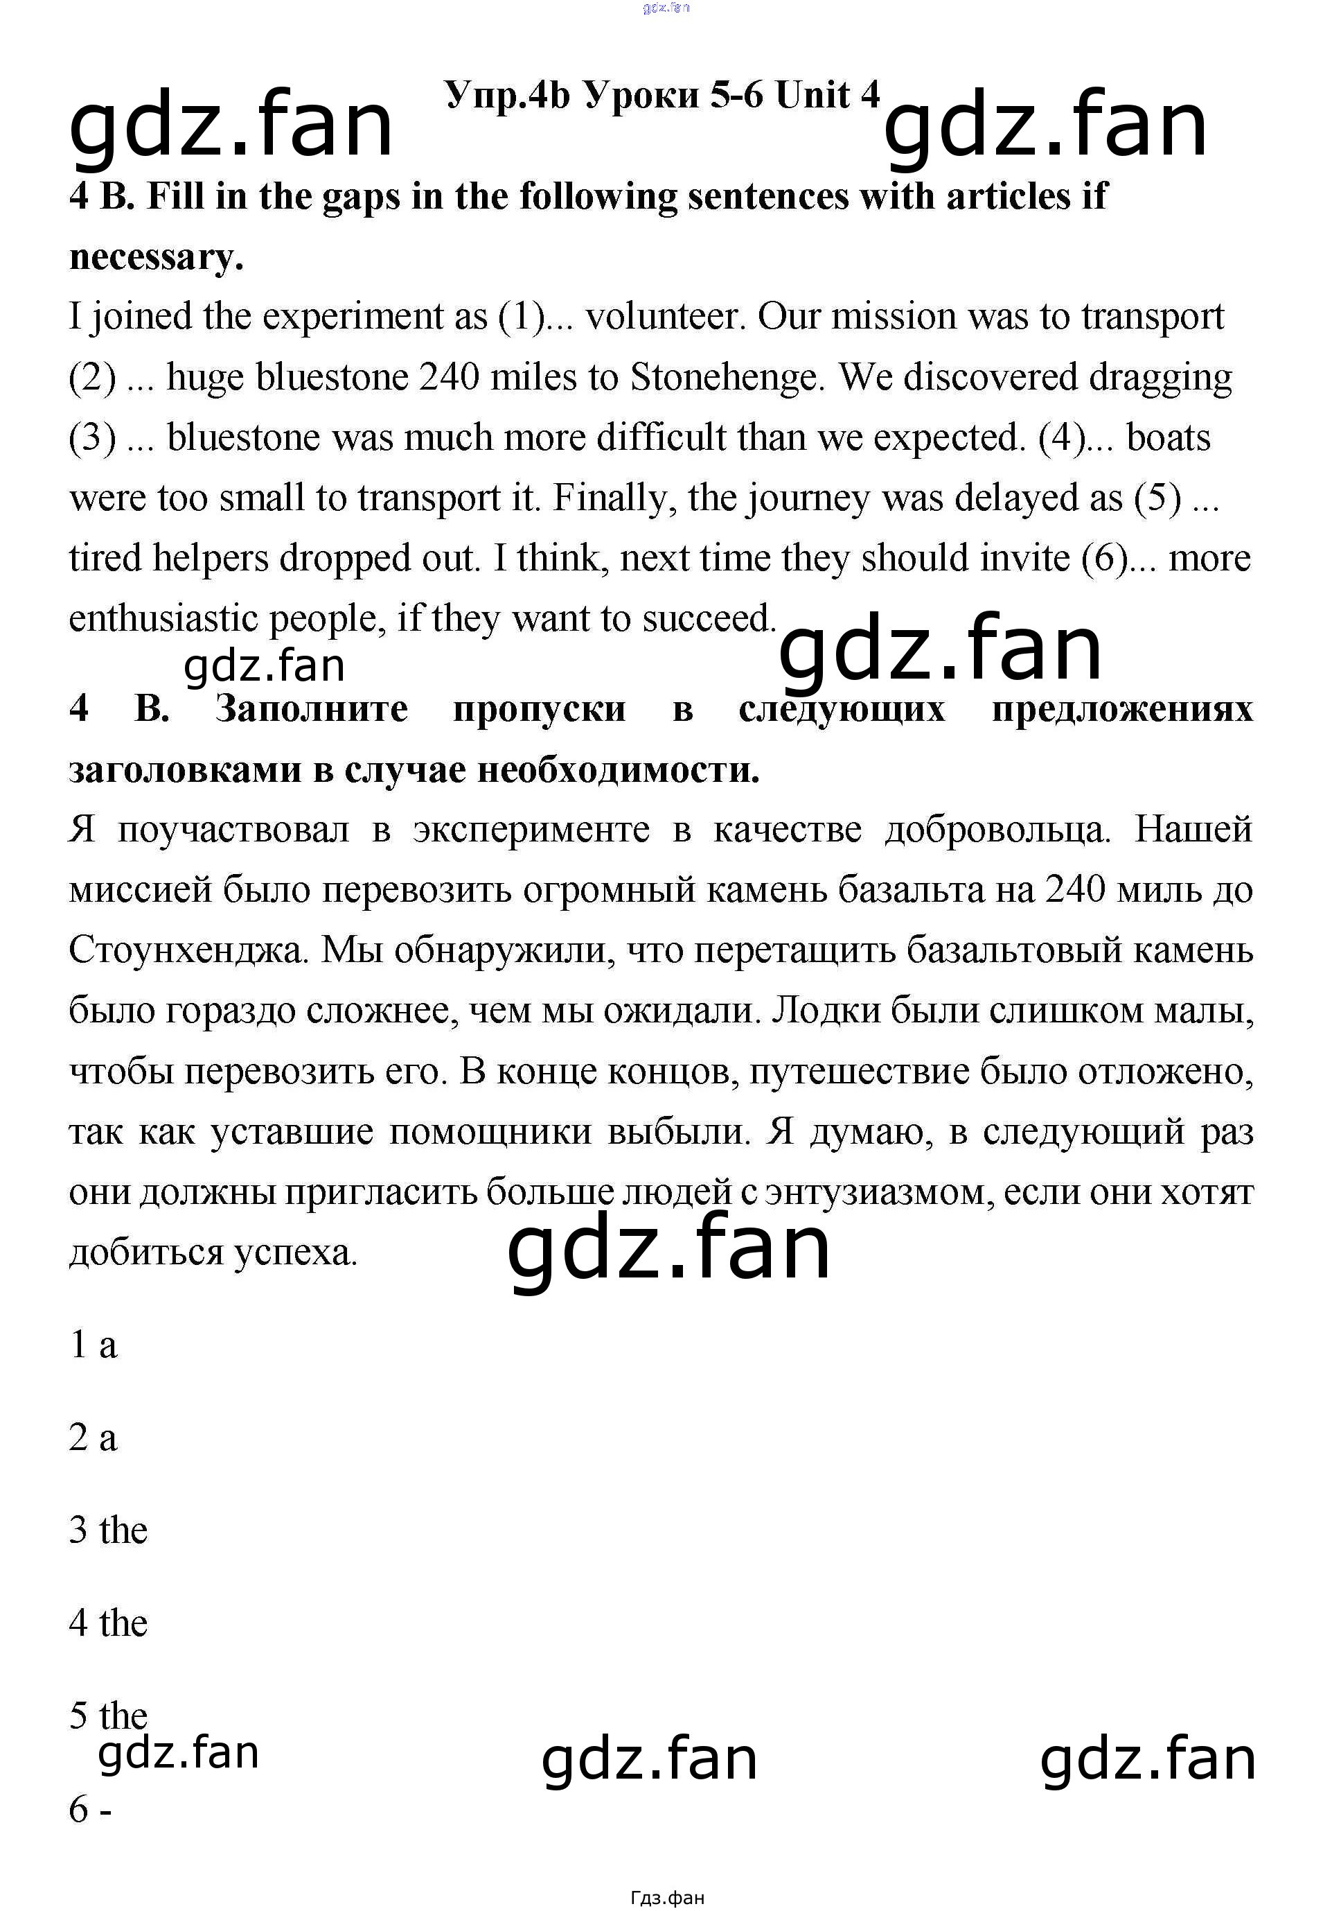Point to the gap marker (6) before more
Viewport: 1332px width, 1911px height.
tap(1105, 559)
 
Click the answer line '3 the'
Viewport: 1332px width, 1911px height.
tap(108, 1530)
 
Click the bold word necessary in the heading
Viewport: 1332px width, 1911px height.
tap(156, 257)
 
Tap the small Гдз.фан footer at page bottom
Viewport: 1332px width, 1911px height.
tap(666, 1898)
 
